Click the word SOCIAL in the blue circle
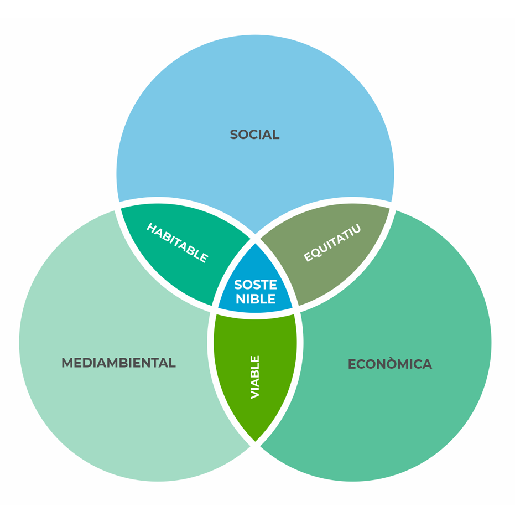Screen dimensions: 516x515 click(x=254, y=135)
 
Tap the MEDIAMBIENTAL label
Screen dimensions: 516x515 click(x=118, y=363)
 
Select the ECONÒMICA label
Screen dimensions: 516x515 click(x=389, y=364)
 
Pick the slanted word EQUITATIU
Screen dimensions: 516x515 click(x=332, y=243)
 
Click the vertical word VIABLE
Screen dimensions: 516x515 click(x=255, y=377)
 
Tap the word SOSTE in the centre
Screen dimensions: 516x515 click(x=255, y=285)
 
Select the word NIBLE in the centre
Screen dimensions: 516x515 click(x=255, y=300)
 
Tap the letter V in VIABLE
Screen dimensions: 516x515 click(x=255, y=394)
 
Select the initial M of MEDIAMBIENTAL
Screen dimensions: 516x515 click(x=67, y=363)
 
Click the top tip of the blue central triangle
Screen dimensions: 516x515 click(x=256, y=244)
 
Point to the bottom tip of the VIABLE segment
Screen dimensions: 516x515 click(x=256, y=441)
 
